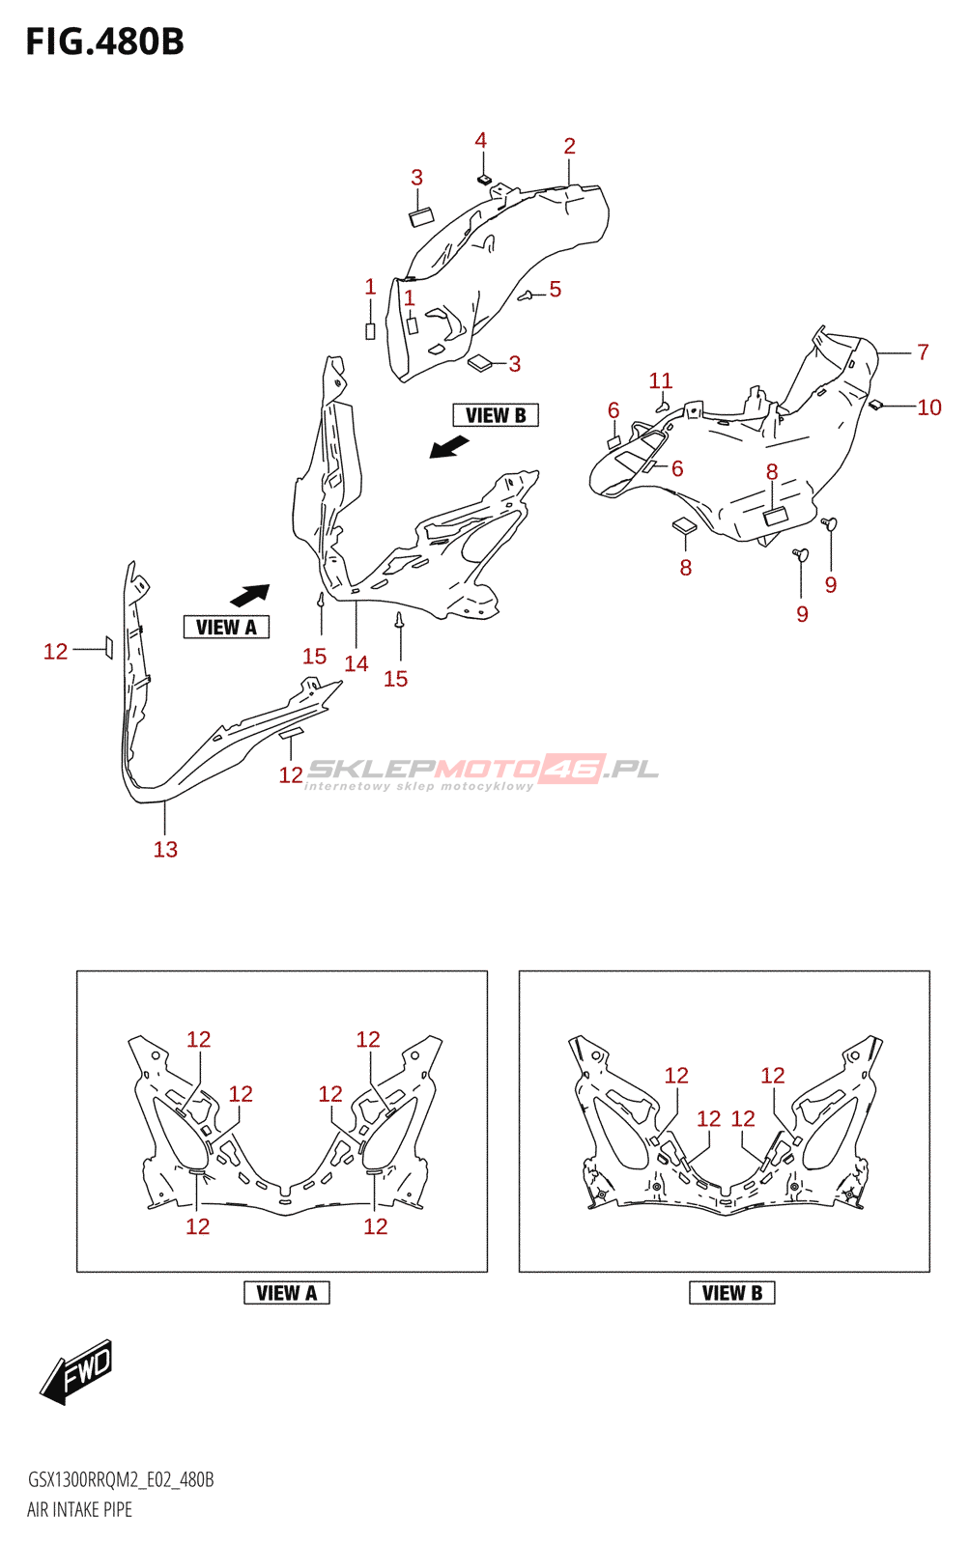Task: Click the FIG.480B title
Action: pos(104,42)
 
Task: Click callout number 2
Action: pos(570,146)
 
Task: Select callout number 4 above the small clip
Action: pos(480,140)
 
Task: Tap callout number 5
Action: pos(556,289)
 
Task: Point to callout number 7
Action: pos(923,352)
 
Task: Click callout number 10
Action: pos(929,407)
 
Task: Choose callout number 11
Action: pos(661,380)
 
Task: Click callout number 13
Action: pos(165,849)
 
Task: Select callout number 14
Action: pos(357,663)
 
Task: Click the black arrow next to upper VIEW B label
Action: pos(449,447)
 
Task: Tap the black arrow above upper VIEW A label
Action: pos(250,595)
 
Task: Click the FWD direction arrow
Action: pos(76,1370)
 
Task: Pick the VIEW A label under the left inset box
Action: pos(287,1293)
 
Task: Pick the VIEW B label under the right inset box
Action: pos(732,1293)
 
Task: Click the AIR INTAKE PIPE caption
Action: pos(79,1509)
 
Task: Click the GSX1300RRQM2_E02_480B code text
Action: pos(121,1479)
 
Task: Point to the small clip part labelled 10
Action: pos(875,405)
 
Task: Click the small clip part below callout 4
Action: pos(484,180)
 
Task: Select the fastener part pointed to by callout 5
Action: pos(526,295)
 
